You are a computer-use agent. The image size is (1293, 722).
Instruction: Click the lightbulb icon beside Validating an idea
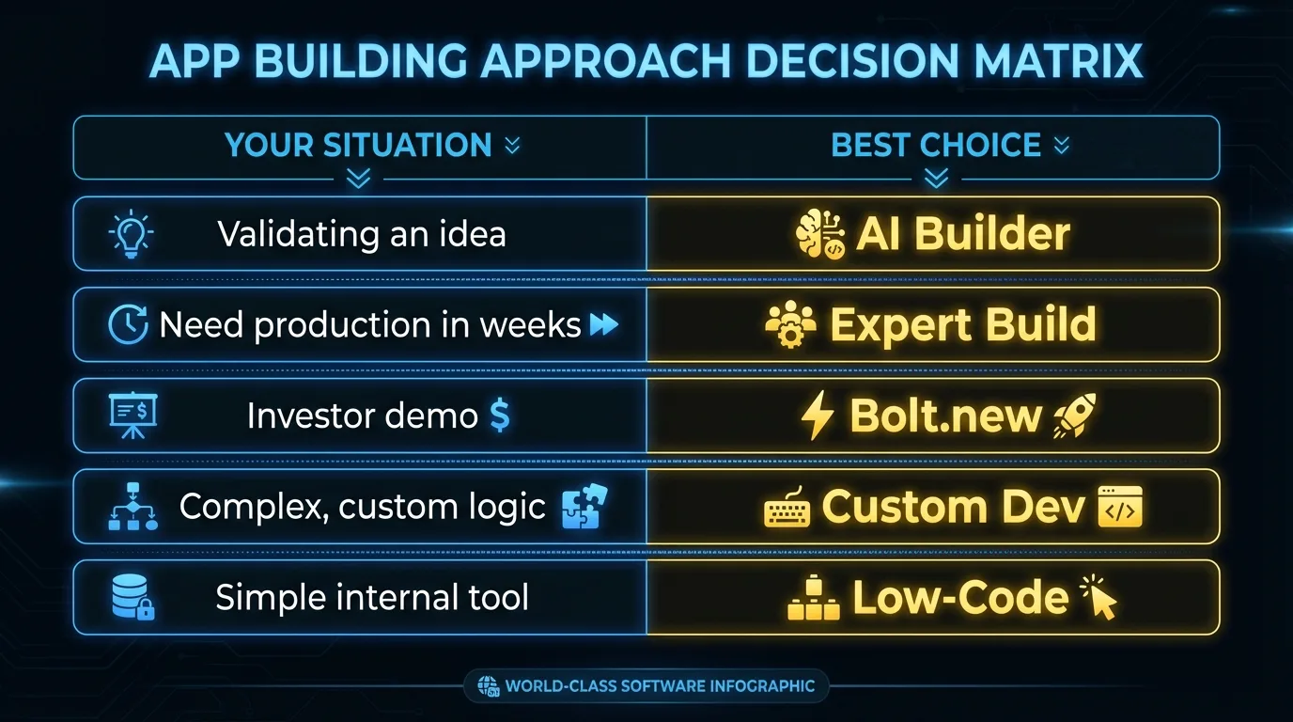point(131,233)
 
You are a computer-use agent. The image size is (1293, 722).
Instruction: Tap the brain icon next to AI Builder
point(819,234)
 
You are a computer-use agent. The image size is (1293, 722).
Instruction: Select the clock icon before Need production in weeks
point(128,324)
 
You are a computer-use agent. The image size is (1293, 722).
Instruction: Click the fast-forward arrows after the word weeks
point(604,324)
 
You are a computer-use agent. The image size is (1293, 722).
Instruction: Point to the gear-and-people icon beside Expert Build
point(790,324)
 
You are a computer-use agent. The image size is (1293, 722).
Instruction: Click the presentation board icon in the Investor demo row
point(132,416)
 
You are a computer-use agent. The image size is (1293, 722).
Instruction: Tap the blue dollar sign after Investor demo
point(500,416)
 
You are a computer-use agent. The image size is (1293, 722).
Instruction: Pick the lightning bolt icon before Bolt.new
point(818,416)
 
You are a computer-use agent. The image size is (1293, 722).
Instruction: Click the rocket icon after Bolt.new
point(1074,416)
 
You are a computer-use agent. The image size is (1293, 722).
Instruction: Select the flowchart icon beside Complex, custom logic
point(132,506)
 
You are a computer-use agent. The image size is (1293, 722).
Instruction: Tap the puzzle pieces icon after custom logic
point(584,506)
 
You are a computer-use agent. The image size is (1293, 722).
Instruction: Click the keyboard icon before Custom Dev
point(787,509)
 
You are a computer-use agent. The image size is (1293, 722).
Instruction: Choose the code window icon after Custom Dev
point(1120,507)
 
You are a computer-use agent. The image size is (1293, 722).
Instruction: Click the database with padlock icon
point(133,597)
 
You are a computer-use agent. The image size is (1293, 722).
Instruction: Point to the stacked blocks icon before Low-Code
point(814,598)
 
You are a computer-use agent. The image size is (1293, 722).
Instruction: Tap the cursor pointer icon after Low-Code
point(1099,598)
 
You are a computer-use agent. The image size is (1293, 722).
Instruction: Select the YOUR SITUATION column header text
point(358,145)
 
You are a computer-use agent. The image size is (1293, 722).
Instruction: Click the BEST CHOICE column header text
point(936,145)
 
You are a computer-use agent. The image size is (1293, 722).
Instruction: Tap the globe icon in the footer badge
point(488,686)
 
